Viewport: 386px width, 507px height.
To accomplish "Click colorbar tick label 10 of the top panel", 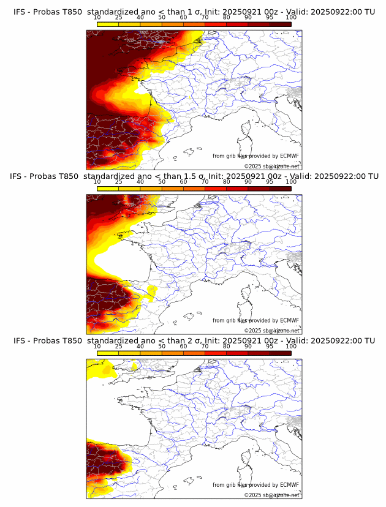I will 97,18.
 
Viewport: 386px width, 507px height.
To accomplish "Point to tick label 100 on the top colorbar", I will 291,18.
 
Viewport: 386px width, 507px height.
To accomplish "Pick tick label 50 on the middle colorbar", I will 162,182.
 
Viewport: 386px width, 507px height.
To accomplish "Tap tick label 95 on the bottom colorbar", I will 270,346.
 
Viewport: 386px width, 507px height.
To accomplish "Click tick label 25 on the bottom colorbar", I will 119,346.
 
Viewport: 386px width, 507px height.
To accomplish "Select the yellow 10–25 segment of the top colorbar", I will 108,24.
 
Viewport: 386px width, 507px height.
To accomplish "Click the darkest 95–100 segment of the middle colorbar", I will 280,188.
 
